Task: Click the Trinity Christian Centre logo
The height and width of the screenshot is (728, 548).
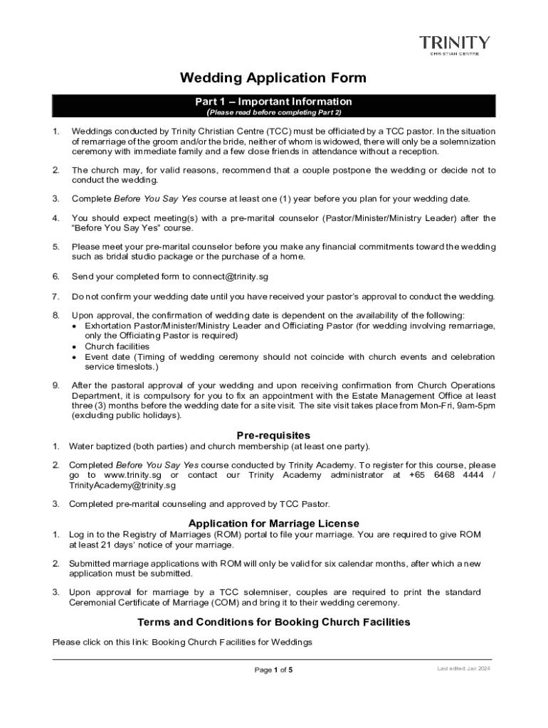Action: pos(454,45)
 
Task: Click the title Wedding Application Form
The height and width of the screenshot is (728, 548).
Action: pos(273,77)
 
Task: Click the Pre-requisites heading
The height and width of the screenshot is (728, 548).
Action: pos(273,435)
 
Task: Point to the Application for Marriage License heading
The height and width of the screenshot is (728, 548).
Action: pos(273,524)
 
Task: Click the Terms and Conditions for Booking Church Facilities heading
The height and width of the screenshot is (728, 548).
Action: pos(273,622)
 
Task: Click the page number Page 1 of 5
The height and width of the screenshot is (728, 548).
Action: pos(273,670)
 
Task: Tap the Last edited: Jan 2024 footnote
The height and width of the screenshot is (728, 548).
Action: pos(464,669)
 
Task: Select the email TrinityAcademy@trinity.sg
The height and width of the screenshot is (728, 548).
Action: pos(122,486)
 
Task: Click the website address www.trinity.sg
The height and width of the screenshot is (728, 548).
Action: pos(133,475)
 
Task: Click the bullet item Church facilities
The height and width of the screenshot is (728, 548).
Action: pos(117,347)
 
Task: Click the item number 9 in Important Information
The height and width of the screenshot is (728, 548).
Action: pos(56,385)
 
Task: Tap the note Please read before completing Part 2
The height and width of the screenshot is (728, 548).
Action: pos(273,112)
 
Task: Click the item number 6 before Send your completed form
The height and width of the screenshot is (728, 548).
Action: pos(56,276)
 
